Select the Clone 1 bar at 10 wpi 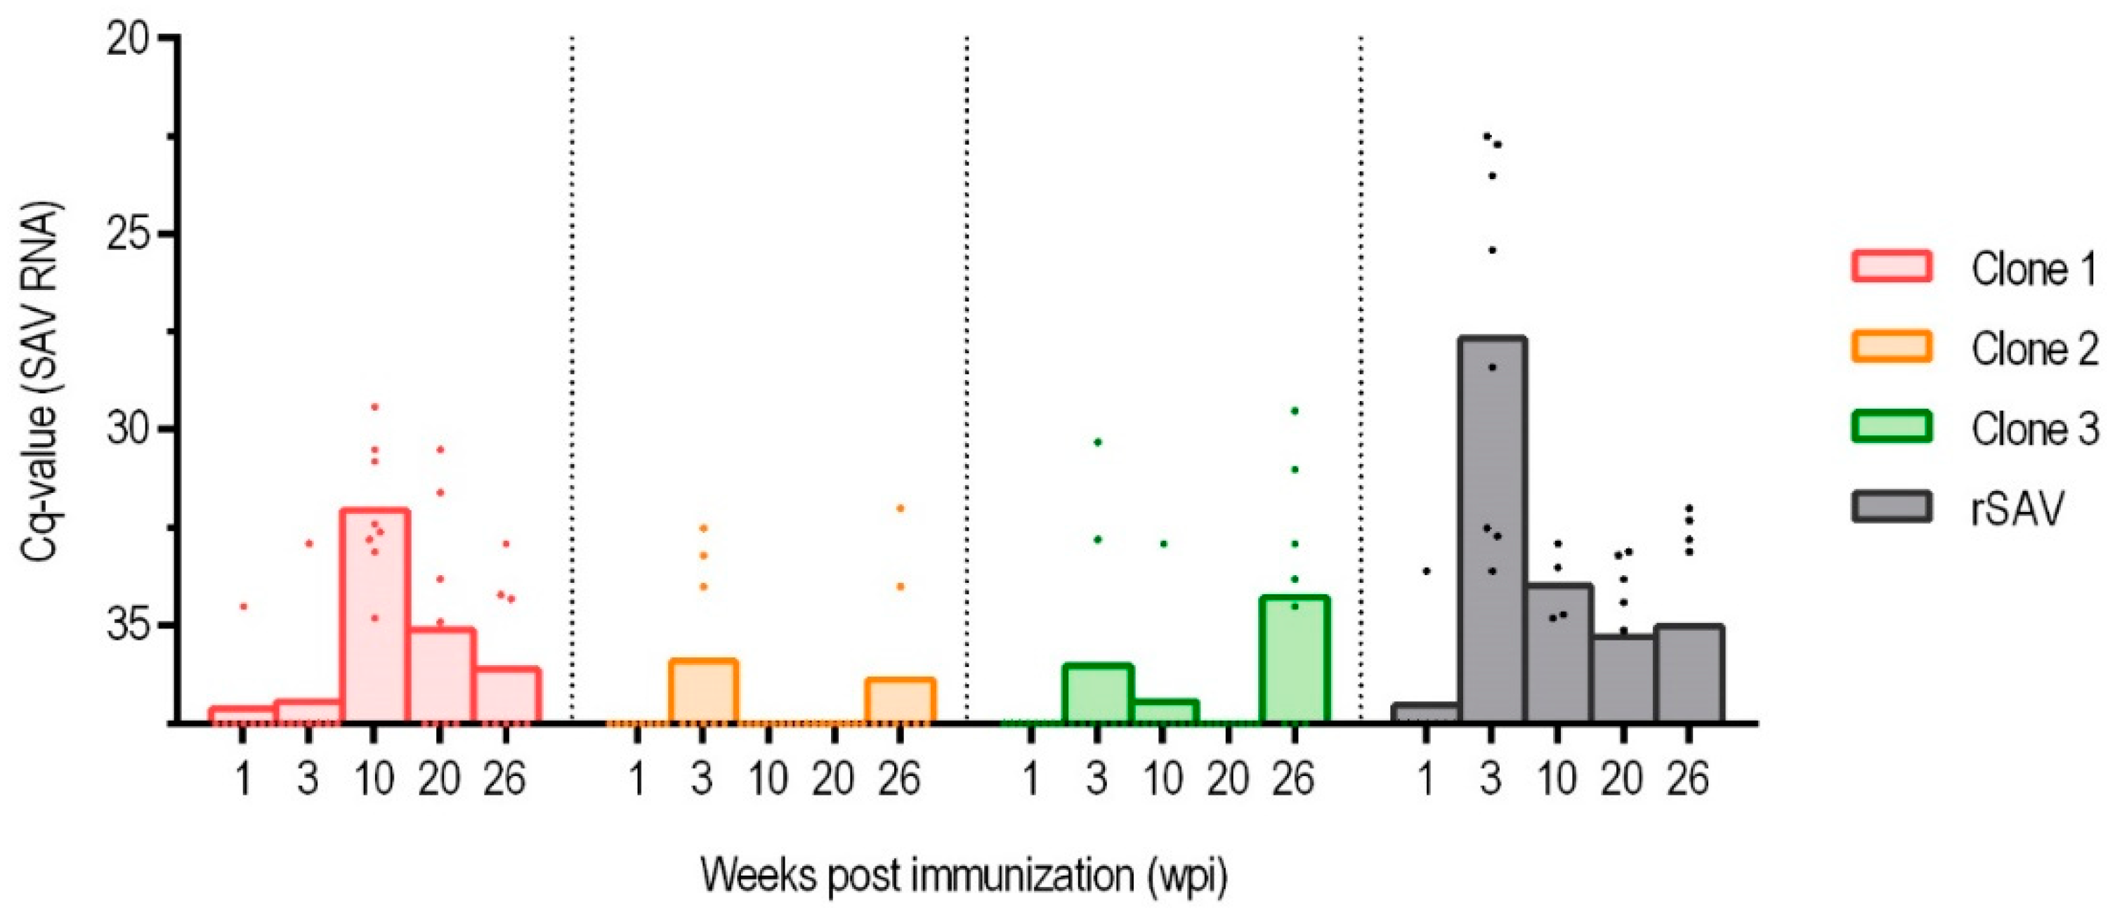pyautogui.click(x=374, y=615)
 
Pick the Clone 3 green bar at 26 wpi pyautogui.click(x=1294, y=661)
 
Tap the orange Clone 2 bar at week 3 pyautogui.click(x=703, y=691)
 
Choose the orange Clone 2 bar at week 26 pyautogui.click(x=900, y=701)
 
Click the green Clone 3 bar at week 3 pyautogui.click(x=1098, y=693)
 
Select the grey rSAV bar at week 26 pyautogui.click(x=1689, y=675)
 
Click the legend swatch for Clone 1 pyautogui.click(x=1891, y=267)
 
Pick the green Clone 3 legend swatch pyautogui.click(x=1891, y=427)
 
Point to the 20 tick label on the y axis pyautogui.click(x=129, y=38)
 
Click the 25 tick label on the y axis pyautogui.click(x=129, y=234)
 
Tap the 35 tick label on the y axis pyautogui.click(x=129, y=625)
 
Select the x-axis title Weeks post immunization pyautogui.click(x=964, y=876)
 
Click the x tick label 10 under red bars pyautogui.click(x=374, y=778)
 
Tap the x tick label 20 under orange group pyautogui.click(x=833, y=778)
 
